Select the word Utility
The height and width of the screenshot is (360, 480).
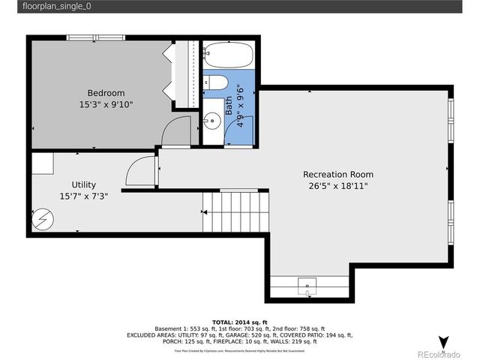83,184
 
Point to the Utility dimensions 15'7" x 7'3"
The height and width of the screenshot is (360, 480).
83,196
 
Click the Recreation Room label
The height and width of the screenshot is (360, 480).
337,174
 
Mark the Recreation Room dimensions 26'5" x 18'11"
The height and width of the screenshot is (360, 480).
337,185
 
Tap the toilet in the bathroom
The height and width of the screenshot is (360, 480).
213,82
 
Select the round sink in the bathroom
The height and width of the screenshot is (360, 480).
212,118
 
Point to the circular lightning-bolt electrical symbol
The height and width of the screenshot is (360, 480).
46,220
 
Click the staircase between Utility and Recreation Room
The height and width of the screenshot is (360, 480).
235,212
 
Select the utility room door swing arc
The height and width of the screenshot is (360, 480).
140,170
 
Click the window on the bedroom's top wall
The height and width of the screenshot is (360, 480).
97,37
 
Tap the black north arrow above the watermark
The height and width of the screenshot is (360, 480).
443,342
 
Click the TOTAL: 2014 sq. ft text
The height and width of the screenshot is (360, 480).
240,320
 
